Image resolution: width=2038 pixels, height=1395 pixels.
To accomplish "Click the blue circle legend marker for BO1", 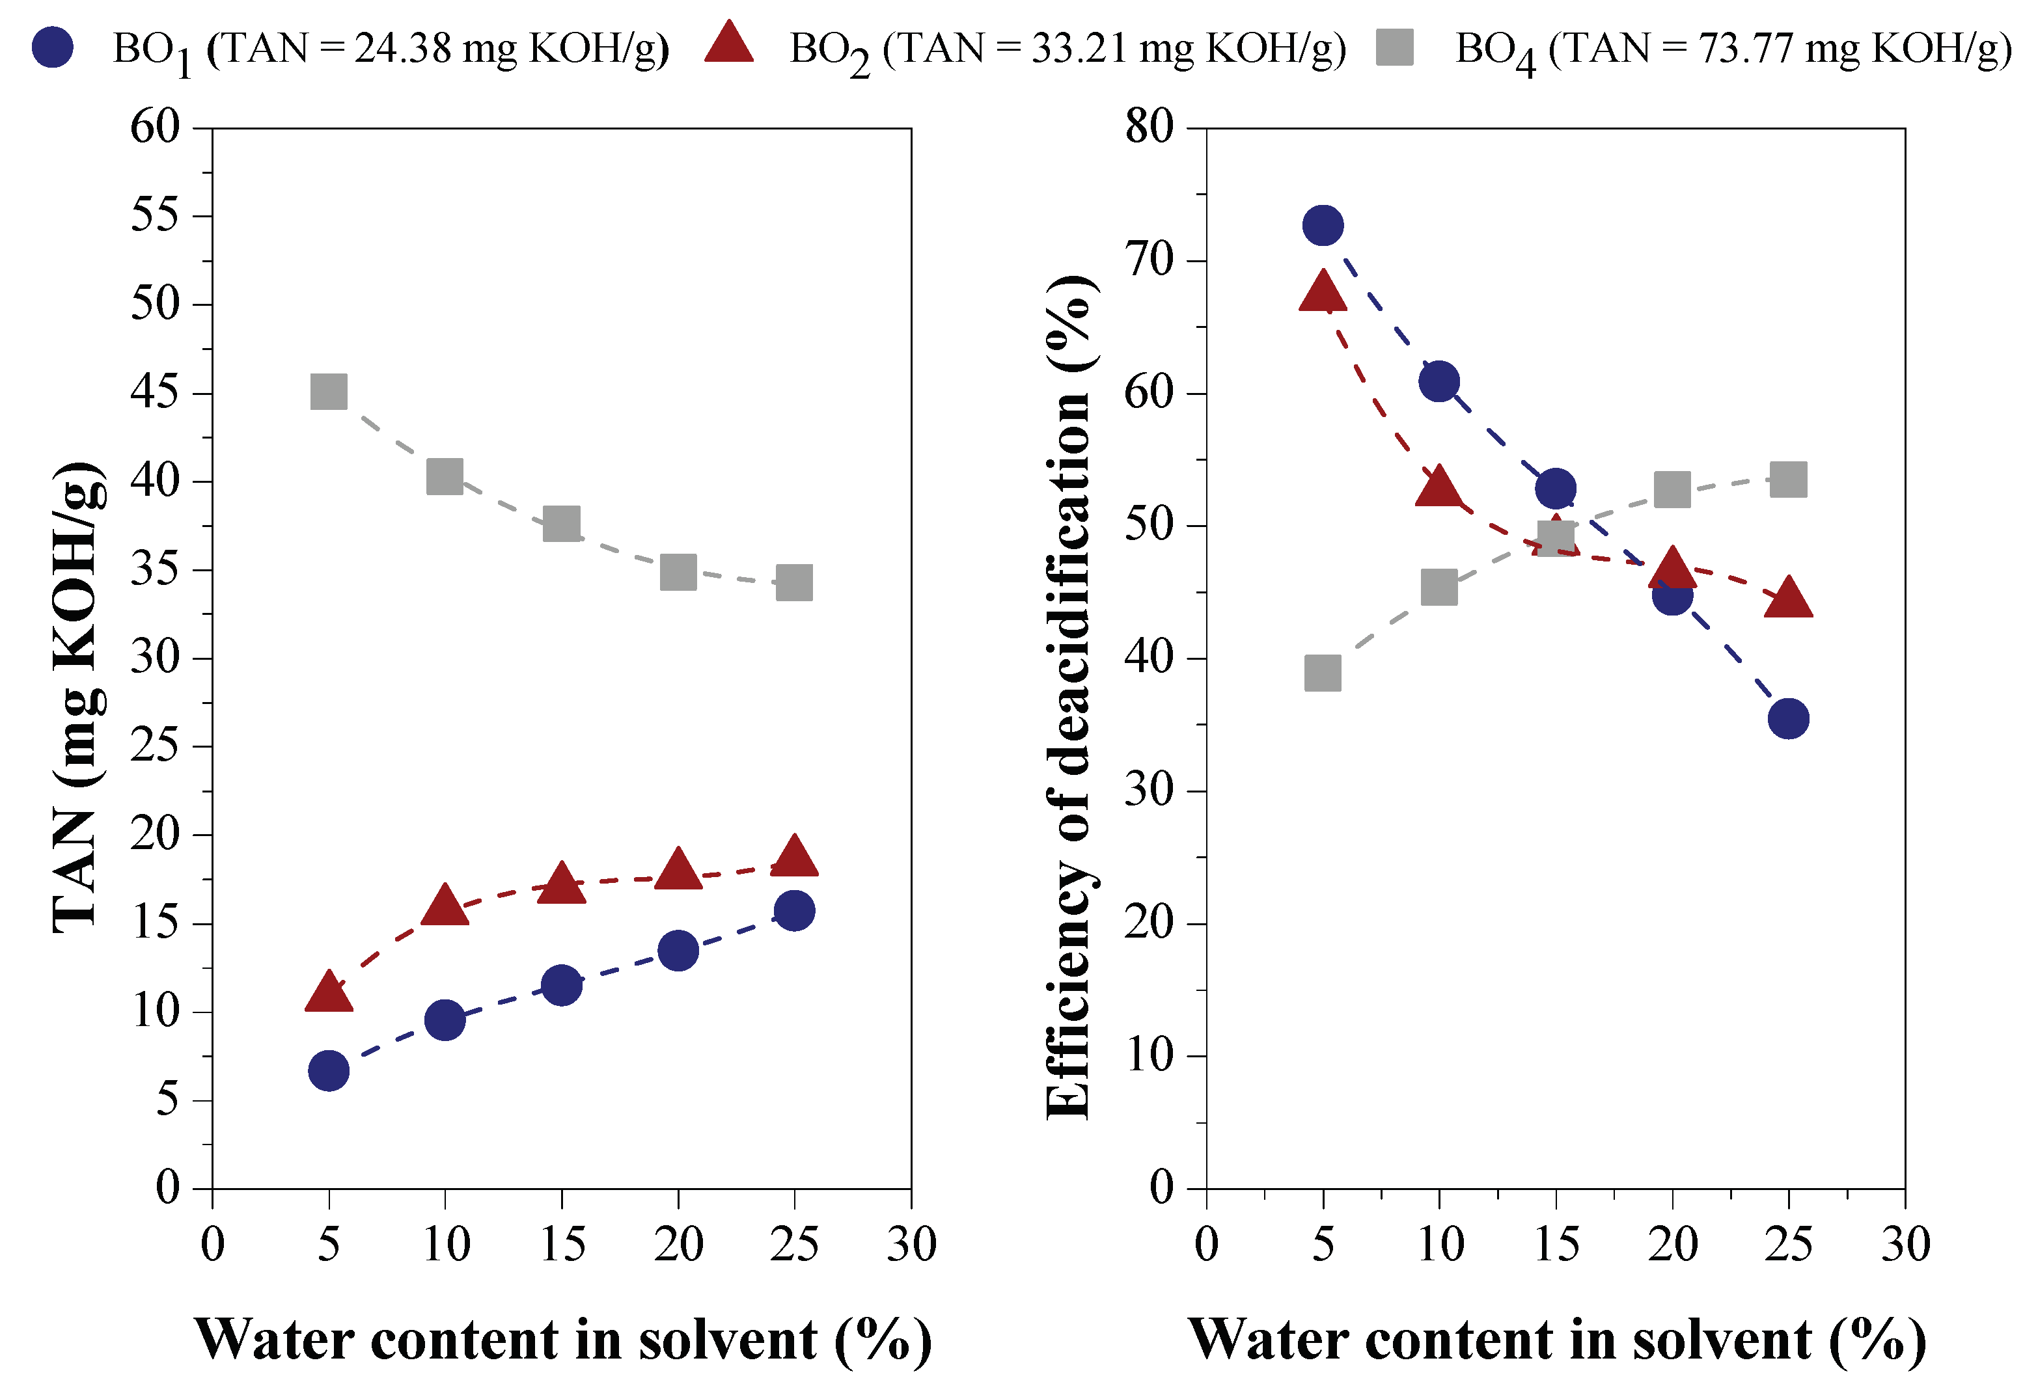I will tap(53, 47).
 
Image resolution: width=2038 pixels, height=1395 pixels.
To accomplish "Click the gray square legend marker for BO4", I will tap(1394, 47).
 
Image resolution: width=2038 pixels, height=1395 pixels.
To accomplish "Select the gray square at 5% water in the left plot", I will tap(329, 391).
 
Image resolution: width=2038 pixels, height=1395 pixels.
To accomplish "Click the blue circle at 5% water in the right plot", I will tap(1323, 225).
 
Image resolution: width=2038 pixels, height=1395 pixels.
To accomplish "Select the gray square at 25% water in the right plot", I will tap(1788, 480).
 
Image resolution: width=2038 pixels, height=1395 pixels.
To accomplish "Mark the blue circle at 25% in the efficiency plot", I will tap(1788, 719).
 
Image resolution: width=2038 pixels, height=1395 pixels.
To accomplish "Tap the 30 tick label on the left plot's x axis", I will tap(911, 1244).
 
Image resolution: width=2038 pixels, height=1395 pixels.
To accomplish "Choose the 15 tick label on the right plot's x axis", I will tap(1556, 1244).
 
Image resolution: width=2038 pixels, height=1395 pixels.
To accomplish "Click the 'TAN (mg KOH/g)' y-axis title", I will tap(79, 697).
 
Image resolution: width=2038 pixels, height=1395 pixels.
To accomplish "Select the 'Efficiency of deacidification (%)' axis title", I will tap(1070, 697).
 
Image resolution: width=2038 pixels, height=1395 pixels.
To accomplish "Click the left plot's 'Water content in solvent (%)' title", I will tap(562, 1339).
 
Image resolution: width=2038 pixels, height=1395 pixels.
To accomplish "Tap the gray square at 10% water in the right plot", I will tap(1439, 588).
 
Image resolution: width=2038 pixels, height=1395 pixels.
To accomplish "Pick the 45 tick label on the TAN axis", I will tap(154, 392).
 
